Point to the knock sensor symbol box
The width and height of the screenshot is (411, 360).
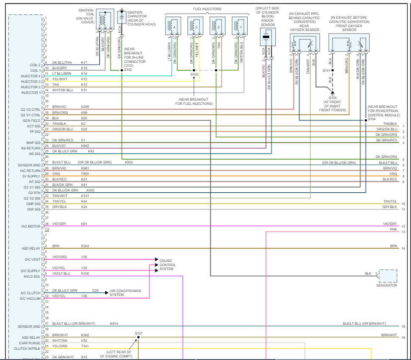(x=267, y=37)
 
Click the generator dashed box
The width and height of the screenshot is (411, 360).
(x=388, y=276)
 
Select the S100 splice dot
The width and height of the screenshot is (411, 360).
(x=194, y=70)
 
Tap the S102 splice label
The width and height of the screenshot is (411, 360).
(x=128, y=70)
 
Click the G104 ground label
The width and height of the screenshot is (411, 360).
(x=333, y=97)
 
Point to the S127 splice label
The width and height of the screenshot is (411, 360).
(x=139, y=333)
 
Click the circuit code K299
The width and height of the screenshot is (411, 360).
(x=85, y=107)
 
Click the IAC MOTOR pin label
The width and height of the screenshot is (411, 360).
(x=31, y=226)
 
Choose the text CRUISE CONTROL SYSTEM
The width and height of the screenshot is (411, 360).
(x=168, y=264)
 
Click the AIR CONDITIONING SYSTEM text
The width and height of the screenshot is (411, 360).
(x=125, y=292)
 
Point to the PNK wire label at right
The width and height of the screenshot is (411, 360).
(x=394, y=229)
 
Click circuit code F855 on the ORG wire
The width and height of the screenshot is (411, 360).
(x=85, y=174)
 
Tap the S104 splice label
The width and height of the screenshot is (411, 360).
(x=372, y=119)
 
